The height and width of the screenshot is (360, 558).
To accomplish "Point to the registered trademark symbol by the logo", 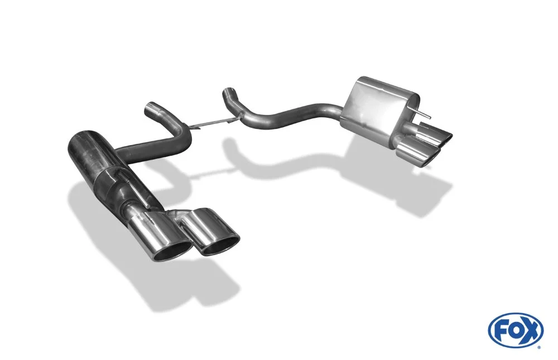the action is pyautogui.click(x=542, y=347).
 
